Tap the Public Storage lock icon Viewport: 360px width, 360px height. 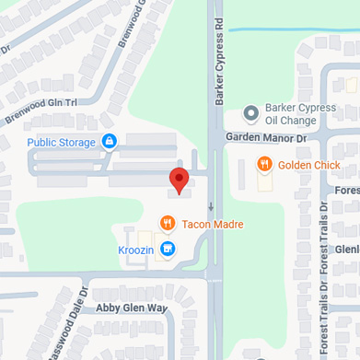pos(110,142)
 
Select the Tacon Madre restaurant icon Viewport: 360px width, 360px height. pos(167,223)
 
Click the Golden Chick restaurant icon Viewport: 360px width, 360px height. pos(264,165)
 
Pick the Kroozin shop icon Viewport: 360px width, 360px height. pos(167,249)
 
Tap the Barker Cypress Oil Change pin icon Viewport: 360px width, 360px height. pos(250,113)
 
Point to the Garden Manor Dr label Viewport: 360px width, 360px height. pos(264,137)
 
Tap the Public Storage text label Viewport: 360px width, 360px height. pos(61,143)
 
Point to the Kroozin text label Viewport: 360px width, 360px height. pos(136,250)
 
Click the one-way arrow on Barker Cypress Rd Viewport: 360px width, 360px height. pos(211,205)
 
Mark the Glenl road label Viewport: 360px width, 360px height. pos(346,249)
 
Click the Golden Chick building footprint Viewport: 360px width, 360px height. pos(265,181)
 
